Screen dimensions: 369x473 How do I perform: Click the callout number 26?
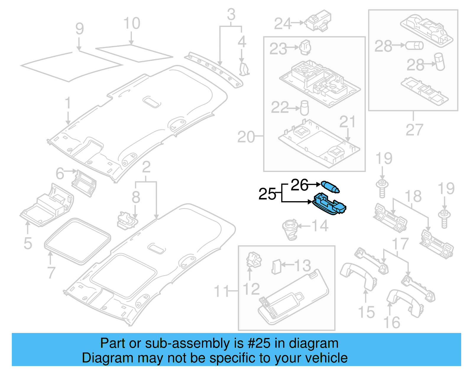pos(299,185)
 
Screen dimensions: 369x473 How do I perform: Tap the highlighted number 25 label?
pos(267,194)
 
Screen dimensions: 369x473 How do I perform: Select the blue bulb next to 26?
pos(330,187)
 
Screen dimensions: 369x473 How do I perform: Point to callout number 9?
pos(80,29)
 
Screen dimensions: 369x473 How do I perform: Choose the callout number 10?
pos(132,23)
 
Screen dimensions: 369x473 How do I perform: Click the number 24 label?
pos(283,24)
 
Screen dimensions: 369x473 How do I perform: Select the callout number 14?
pos(320,226)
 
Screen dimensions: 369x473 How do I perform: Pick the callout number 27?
pos(414,130)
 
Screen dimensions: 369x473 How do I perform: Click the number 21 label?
pos(347,122)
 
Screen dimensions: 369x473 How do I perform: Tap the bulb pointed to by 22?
pos(304,108)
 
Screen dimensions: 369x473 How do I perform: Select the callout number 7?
pos(51,272)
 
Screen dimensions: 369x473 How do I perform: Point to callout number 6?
pos(60,173)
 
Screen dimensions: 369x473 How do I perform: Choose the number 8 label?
pos(136,197)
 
